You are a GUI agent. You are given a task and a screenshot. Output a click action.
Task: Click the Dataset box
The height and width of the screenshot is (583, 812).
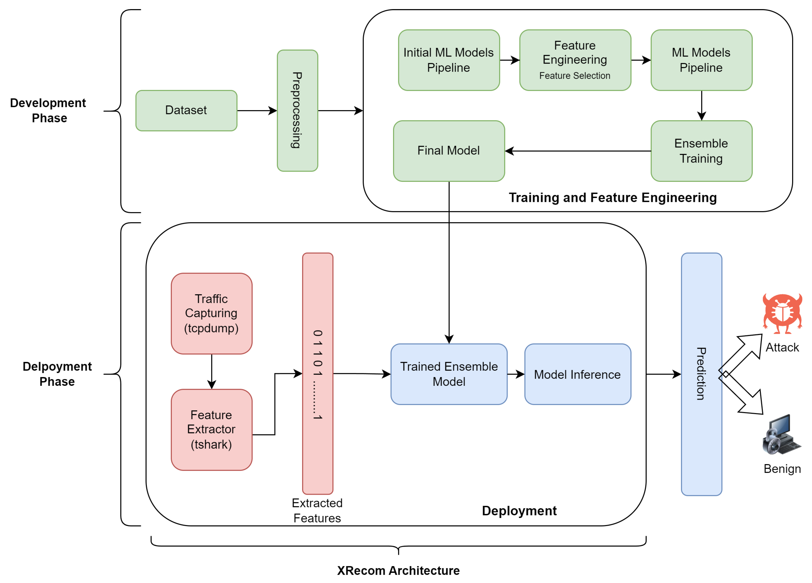[186, 111]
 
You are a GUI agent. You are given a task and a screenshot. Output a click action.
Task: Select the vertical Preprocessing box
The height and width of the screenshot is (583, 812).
[297, 111]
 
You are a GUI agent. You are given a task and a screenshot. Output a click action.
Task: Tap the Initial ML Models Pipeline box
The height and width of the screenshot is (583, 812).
[449, 60]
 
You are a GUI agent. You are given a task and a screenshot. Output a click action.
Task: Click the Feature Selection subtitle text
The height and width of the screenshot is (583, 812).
[575, 76]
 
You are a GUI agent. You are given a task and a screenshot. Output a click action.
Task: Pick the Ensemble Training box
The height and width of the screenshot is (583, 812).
[701, 151]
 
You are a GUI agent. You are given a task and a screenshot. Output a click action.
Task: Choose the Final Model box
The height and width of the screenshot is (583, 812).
[449, 151]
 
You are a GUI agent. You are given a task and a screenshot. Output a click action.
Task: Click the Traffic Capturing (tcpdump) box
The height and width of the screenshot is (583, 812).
[211, 314]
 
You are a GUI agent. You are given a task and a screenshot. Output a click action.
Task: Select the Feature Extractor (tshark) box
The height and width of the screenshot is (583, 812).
[211, 430]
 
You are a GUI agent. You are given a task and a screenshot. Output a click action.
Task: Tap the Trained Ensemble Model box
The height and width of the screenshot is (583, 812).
[449, 374]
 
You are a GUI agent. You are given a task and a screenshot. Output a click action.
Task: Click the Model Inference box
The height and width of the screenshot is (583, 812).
[577, 374]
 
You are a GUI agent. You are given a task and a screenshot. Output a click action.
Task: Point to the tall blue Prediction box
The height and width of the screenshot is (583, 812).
[701, 374]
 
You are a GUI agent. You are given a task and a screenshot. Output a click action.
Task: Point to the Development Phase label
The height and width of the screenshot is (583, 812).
[48, 111]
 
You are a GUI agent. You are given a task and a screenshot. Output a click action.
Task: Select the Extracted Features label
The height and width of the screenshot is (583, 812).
[317, 510]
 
